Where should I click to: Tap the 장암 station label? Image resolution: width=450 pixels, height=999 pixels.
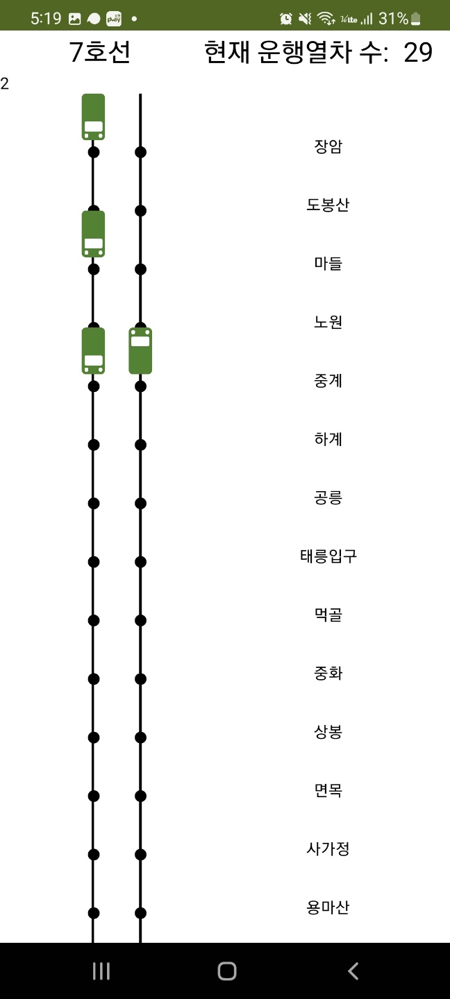click(x=328, y=146)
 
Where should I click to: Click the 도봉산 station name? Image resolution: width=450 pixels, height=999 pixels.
click(x=328, y=205)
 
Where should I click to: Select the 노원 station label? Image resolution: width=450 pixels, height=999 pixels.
click(x=328, y=322)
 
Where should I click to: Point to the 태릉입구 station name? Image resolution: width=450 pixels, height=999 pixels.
click(x=328, y=556)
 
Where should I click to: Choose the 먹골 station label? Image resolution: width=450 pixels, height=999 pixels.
click(x=328, y=615)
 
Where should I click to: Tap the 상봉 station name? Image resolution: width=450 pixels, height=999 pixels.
click(x=328, y=731)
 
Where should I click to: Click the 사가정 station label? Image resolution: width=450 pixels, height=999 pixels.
click(x=328, y=848)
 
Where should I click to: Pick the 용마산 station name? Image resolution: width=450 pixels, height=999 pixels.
click(x=328, y=907)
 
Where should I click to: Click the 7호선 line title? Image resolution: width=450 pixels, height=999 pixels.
click(x=100, y=53)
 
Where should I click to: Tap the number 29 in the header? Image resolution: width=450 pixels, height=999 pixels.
click(x=418, y=53)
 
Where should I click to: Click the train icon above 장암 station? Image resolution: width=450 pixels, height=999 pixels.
click(x=93, y=117)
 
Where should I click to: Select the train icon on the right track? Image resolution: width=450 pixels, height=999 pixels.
click(x=140, y=351)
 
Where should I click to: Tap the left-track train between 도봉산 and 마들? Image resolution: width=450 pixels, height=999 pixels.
click(x=93, y=234)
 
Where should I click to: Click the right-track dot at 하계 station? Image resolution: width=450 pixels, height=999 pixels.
click(x=140, y=445)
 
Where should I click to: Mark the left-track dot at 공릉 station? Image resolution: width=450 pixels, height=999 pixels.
click(x=94, y=503)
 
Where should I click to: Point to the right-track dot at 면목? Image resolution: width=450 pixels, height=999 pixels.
click(x=140, y=796)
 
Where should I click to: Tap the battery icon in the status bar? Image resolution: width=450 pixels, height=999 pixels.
click(x=416, y=19)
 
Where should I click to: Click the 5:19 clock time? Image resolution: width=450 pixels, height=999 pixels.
click(x=46, y=19)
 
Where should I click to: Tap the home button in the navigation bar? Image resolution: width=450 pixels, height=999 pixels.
click(x=226, y=971)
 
